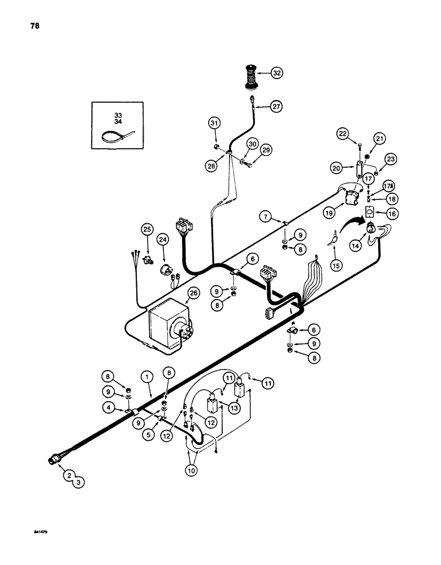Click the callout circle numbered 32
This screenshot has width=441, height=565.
pos(277,73)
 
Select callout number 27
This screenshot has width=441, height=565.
pos(276,106)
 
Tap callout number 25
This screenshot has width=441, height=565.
pos(147,230)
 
